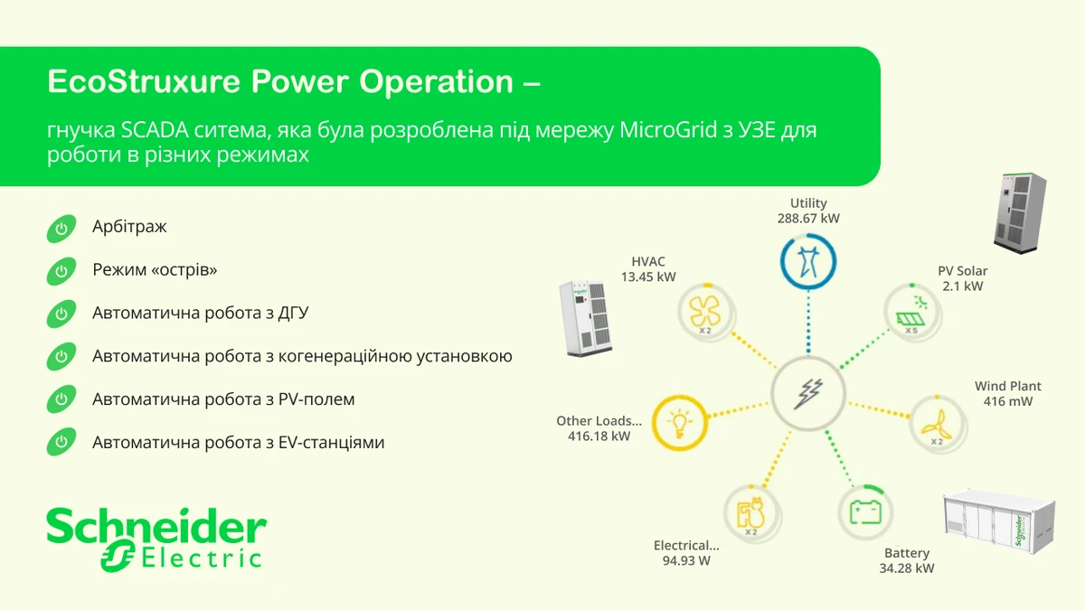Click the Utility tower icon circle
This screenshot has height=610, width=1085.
click(x=808, y=262)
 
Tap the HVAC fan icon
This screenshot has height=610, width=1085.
click(x=706, y=313)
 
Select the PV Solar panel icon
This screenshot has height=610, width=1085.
click(x=912, y=313)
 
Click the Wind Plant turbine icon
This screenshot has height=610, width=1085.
click(x=938, y=425)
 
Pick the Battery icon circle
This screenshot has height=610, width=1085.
click(x=865, y=512)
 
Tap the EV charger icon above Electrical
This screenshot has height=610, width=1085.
click(x=751, y=513)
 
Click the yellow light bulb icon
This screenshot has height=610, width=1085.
click(x=680, y=423)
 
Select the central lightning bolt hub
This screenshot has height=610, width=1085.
click(x=808, y=393)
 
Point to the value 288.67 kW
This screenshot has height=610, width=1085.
click(x=808, y=219)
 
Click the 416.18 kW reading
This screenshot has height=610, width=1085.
click(x=599, y=436)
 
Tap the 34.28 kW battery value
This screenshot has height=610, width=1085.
click(x=907, y=568)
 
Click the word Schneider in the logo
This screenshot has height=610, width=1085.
click(x=156, y=526)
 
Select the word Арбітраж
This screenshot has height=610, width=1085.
click(x=129, y=227)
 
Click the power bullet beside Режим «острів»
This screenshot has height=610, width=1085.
click(x=61, y=271)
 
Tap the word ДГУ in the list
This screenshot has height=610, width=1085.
click(x=293, y=314)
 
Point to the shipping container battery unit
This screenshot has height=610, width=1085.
click(x=999, y=522)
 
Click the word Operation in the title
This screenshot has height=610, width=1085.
click(x=436, y=82)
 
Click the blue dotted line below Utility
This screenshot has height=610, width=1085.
click(x=808, y=322)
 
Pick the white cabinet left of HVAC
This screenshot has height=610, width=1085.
click(x=586, y=318)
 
